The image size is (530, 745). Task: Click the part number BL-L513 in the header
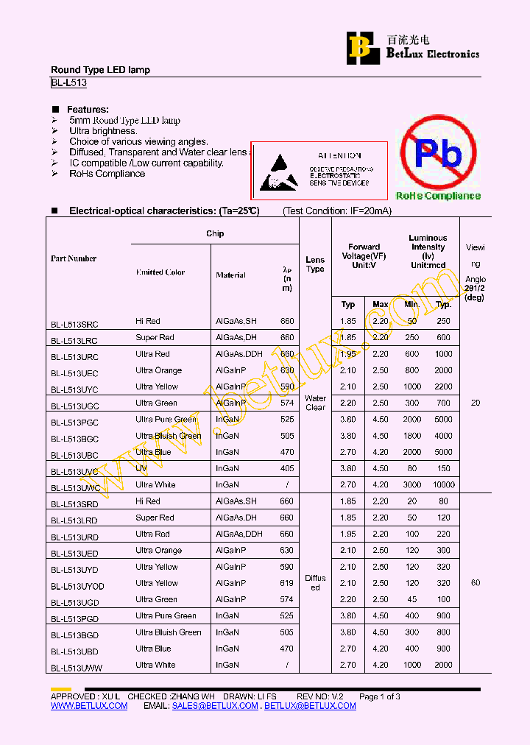click(68, 84)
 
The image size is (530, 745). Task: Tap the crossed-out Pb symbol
click(438, 155)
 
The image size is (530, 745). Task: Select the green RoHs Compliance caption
click(438, 196)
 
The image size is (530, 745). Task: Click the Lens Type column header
click(315, 264)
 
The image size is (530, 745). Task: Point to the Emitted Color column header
click(160, 272)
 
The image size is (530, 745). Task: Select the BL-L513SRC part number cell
click(74, 324)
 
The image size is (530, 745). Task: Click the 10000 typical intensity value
click(444, 485)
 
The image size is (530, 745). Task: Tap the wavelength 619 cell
click(287, 583)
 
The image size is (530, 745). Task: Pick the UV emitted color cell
click(141, 468)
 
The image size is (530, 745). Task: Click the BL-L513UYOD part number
click(77, 586)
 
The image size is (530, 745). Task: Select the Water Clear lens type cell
click(315, 403)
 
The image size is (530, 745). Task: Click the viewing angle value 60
click(476, 583)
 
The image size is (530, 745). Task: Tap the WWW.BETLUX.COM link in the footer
click(89, 705)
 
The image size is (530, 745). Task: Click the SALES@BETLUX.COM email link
click(215, 705)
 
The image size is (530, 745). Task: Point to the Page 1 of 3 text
click(379, 696)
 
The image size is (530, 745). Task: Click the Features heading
click(88, 109)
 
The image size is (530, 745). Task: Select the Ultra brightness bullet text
click(103, 131)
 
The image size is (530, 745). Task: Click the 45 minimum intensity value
click(412, 600)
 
